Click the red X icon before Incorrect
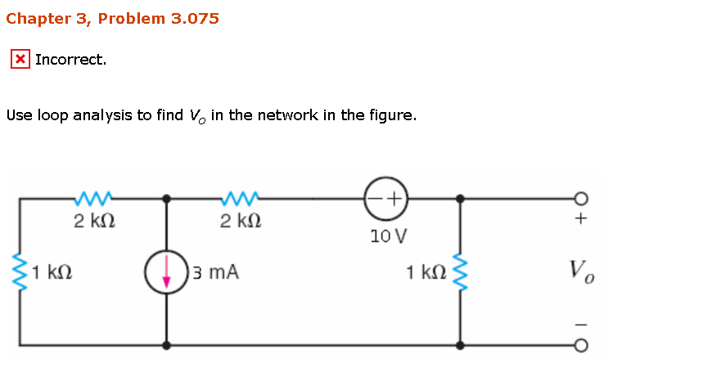[20, 60]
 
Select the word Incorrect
[70, 60]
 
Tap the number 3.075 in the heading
[195, 18]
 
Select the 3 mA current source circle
[167, 272]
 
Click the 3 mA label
[216, 272]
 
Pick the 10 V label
[387, 237]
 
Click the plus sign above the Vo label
[581, 219]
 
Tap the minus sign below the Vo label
[581, 324]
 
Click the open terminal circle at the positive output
[581, 198]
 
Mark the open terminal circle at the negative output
[581, 345]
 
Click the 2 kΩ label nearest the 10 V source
[241, 221]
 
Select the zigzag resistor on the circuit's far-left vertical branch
[20, 271]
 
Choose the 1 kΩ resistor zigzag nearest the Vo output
[460, 271]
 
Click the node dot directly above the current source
[167, 198]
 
